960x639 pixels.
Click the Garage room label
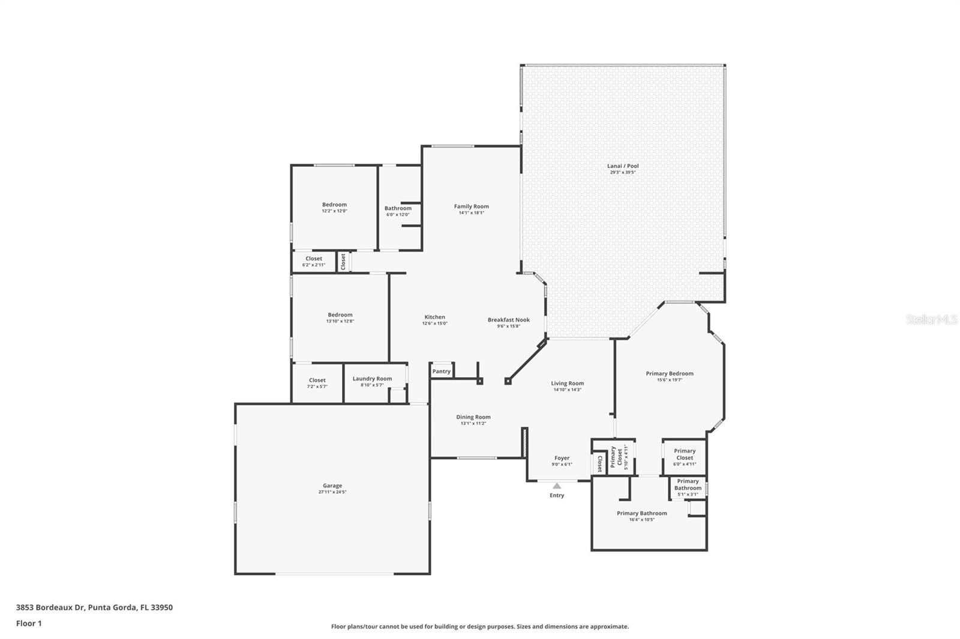point(332,486)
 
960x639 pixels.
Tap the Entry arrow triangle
point(557,486)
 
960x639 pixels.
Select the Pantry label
point(441,372)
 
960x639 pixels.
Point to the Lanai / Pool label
point(623,166)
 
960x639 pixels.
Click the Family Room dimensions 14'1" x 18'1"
point(471,213)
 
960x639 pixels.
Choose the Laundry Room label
point(372,378)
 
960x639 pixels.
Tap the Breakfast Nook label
point(508,319)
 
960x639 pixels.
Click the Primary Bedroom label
point(670,373)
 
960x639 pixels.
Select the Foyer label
point(562,458)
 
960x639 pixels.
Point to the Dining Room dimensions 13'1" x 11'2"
point(473,424)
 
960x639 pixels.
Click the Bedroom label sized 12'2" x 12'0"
point(334,204)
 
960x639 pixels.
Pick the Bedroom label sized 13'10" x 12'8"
point(340,315)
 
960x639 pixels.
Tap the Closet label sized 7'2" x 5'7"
point(317,380)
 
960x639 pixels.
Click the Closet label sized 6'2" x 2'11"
point(313,258)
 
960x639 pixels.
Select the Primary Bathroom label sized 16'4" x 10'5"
point(641,513)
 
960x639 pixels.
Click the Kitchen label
point(434,317)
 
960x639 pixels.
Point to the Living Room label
point(567,383)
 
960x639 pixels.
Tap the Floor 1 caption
point(29,623)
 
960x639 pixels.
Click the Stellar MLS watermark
point(931,320)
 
